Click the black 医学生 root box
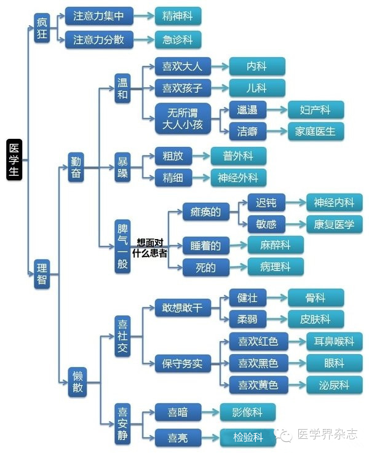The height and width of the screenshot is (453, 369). coord(14,160)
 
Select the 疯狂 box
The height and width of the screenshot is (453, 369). coord(42,28)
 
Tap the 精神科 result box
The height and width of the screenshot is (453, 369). coord(178,16)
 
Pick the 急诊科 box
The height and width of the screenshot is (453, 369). coord(178,39)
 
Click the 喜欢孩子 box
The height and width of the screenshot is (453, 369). coord(183,88)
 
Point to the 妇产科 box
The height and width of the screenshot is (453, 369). coord(316,110)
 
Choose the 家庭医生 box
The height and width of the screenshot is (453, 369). coord(316,132)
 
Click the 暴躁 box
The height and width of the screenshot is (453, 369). coord(122,167)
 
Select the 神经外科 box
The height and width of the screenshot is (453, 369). coord(239,178)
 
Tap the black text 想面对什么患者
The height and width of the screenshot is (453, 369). coord(149,248)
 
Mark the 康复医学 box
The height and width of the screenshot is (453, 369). coord(335,224)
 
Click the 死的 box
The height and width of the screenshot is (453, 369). coord(206,267)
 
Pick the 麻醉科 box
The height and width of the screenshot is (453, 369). coord(276,245)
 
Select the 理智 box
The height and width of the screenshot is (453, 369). coord(42,274)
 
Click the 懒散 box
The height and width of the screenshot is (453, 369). coord(77,382)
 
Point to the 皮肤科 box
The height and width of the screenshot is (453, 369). coord(316,319)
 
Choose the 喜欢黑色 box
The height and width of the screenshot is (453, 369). coord(259,363)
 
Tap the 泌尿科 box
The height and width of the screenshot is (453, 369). coord(335,385)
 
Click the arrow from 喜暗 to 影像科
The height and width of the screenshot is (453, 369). coord(211,412)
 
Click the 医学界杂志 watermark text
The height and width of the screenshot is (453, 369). coord(327,434)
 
